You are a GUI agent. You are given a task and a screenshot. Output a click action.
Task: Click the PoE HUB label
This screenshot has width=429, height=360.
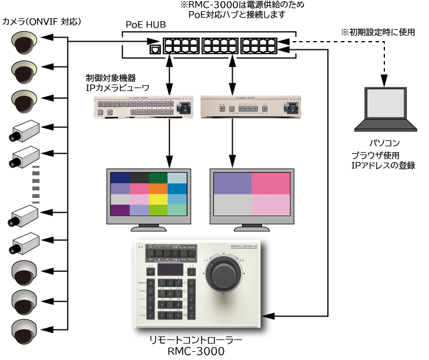coord(146,25)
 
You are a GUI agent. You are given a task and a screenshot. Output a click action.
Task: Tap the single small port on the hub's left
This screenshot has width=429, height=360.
coord(155,49)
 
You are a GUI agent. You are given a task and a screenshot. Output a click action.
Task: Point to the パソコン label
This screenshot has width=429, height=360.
coord(384,143)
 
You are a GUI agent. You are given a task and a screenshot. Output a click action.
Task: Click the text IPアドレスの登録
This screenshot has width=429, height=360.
coord(383,166)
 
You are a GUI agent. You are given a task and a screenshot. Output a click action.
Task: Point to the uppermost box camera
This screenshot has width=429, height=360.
coord(24,130)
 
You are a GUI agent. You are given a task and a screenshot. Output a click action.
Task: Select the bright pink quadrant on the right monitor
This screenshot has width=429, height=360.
coord(271,183)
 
